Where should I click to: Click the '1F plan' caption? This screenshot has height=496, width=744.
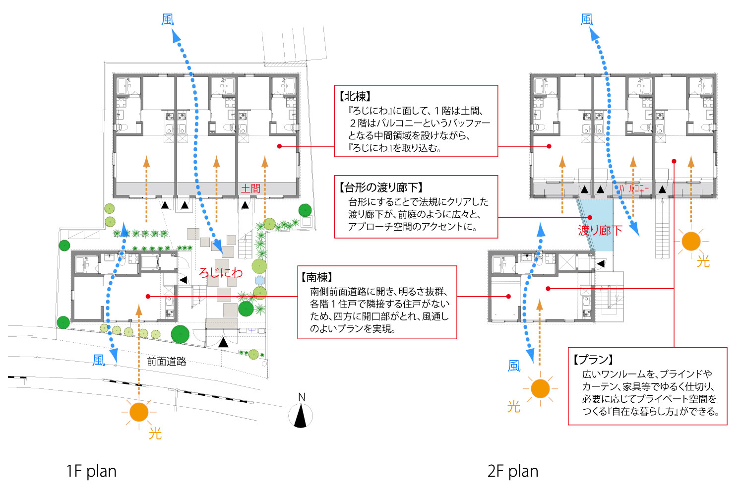(x=91, y=471)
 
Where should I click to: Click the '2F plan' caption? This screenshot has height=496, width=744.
(x=513, y=471)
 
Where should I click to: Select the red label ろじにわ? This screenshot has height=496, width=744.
(x=221, y=272)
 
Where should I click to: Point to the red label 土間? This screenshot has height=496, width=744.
(x=250, y=188)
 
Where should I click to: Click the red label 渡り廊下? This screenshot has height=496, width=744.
(x=600, y=230)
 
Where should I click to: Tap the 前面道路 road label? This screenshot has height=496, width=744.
(x=167, y=362)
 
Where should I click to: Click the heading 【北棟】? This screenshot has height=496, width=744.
(x=355, y=97)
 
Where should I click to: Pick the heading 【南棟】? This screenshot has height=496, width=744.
(x=317, y=277)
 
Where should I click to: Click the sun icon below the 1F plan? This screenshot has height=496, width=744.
(x=139, y=412)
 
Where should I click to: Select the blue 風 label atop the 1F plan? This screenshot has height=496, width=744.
(x=168, y=19)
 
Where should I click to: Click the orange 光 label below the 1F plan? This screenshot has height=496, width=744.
(x=155, y=434)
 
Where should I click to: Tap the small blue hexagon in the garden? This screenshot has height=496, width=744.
(x=259, y=280)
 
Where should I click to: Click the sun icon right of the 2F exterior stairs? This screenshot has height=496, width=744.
(x=691, y=242)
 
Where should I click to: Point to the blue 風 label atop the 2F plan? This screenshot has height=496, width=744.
(x=587, y=19)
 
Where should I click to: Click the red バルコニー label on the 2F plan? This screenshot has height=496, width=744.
(x=633, y=188)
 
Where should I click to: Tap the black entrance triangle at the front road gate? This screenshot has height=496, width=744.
(x=223, y=342)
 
